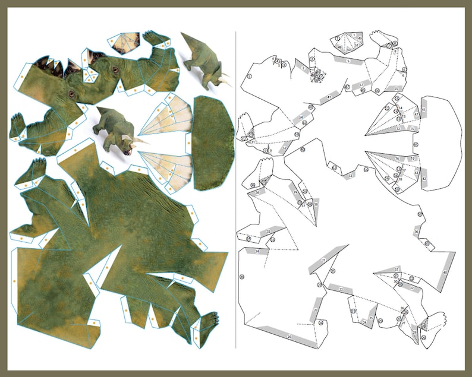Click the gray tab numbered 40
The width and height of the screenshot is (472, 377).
point(446,272)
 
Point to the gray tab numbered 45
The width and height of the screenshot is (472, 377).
point(424,110)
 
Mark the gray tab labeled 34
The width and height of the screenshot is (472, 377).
point(257,252)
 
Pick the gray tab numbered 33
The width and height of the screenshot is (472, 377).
point(269,231)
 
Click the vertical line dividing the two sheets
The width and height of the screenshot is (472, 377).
point(236,190)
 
